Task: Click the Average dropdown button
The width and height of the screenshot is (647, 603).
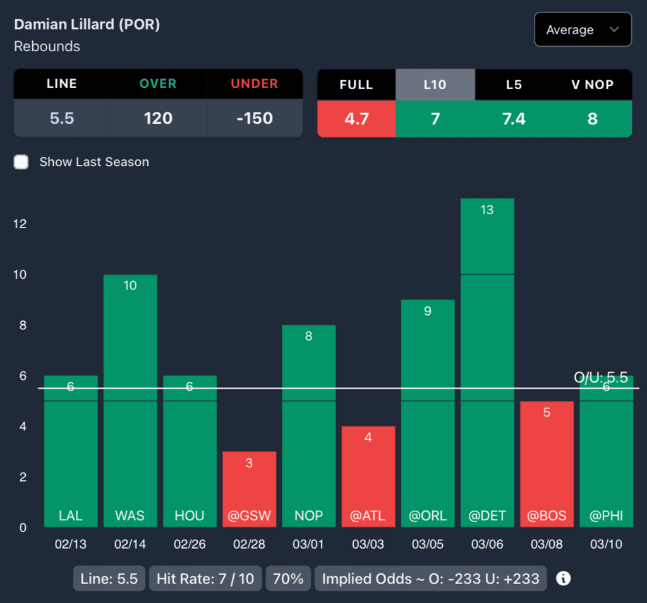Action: click(582, 30)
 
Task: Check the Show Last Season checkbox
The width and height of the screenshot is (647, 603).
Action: click(21, 162)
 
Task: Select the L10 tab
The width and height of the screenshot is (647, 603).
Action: click(435, 85)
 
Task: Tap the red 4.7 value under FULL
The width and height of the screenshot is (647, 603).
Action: click(356, 119)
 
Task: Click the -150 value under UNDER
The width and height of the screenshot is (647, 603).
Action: click(254, 118)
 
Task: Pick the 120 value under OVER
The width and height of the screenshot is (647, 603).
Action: click(158, 118)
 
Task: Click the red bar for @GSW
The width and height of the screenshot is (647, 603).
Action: click(249, 488)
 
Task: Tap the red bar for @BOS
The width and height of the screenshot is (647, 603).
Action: click(547, 463)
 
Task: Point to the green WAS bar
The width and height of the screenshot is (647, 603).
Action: click(130, 399)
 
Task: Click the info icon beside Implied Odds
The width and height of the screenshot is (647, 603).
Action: click(563, 578)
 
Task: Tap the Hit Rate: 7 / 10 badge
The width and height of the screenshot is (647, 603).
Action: click(205, 578)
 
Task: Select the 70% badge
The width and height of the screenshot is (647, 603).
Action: click(288, 578)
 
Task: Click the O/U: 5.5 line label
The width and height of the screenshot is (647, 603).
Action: click(600, 378)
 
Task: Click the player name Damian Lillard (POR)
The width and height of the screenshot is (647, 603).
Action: click(87, 25)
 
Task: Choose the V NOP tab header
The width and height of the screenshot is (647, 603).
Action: click(592, 85)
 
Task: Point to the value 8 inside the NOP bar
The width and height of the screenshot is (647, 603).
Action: click(308, 336)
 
